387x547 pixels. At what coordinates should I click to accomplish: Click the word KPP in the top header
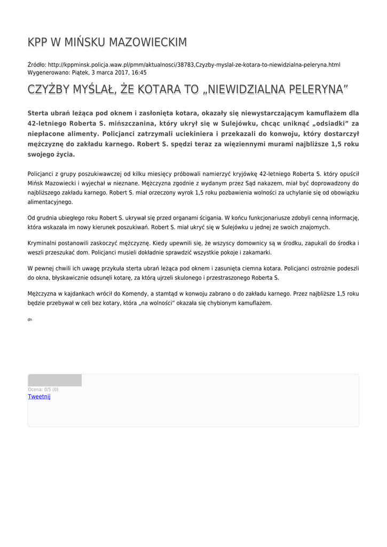[38, 42]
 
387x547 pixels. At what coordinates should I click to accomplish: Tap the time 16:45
[139, 72]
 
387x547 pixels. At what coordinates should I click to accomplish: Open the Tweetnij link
[39, 396]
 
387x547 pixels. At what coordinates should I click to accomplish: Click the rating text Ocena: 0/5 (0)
[43, 389]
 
